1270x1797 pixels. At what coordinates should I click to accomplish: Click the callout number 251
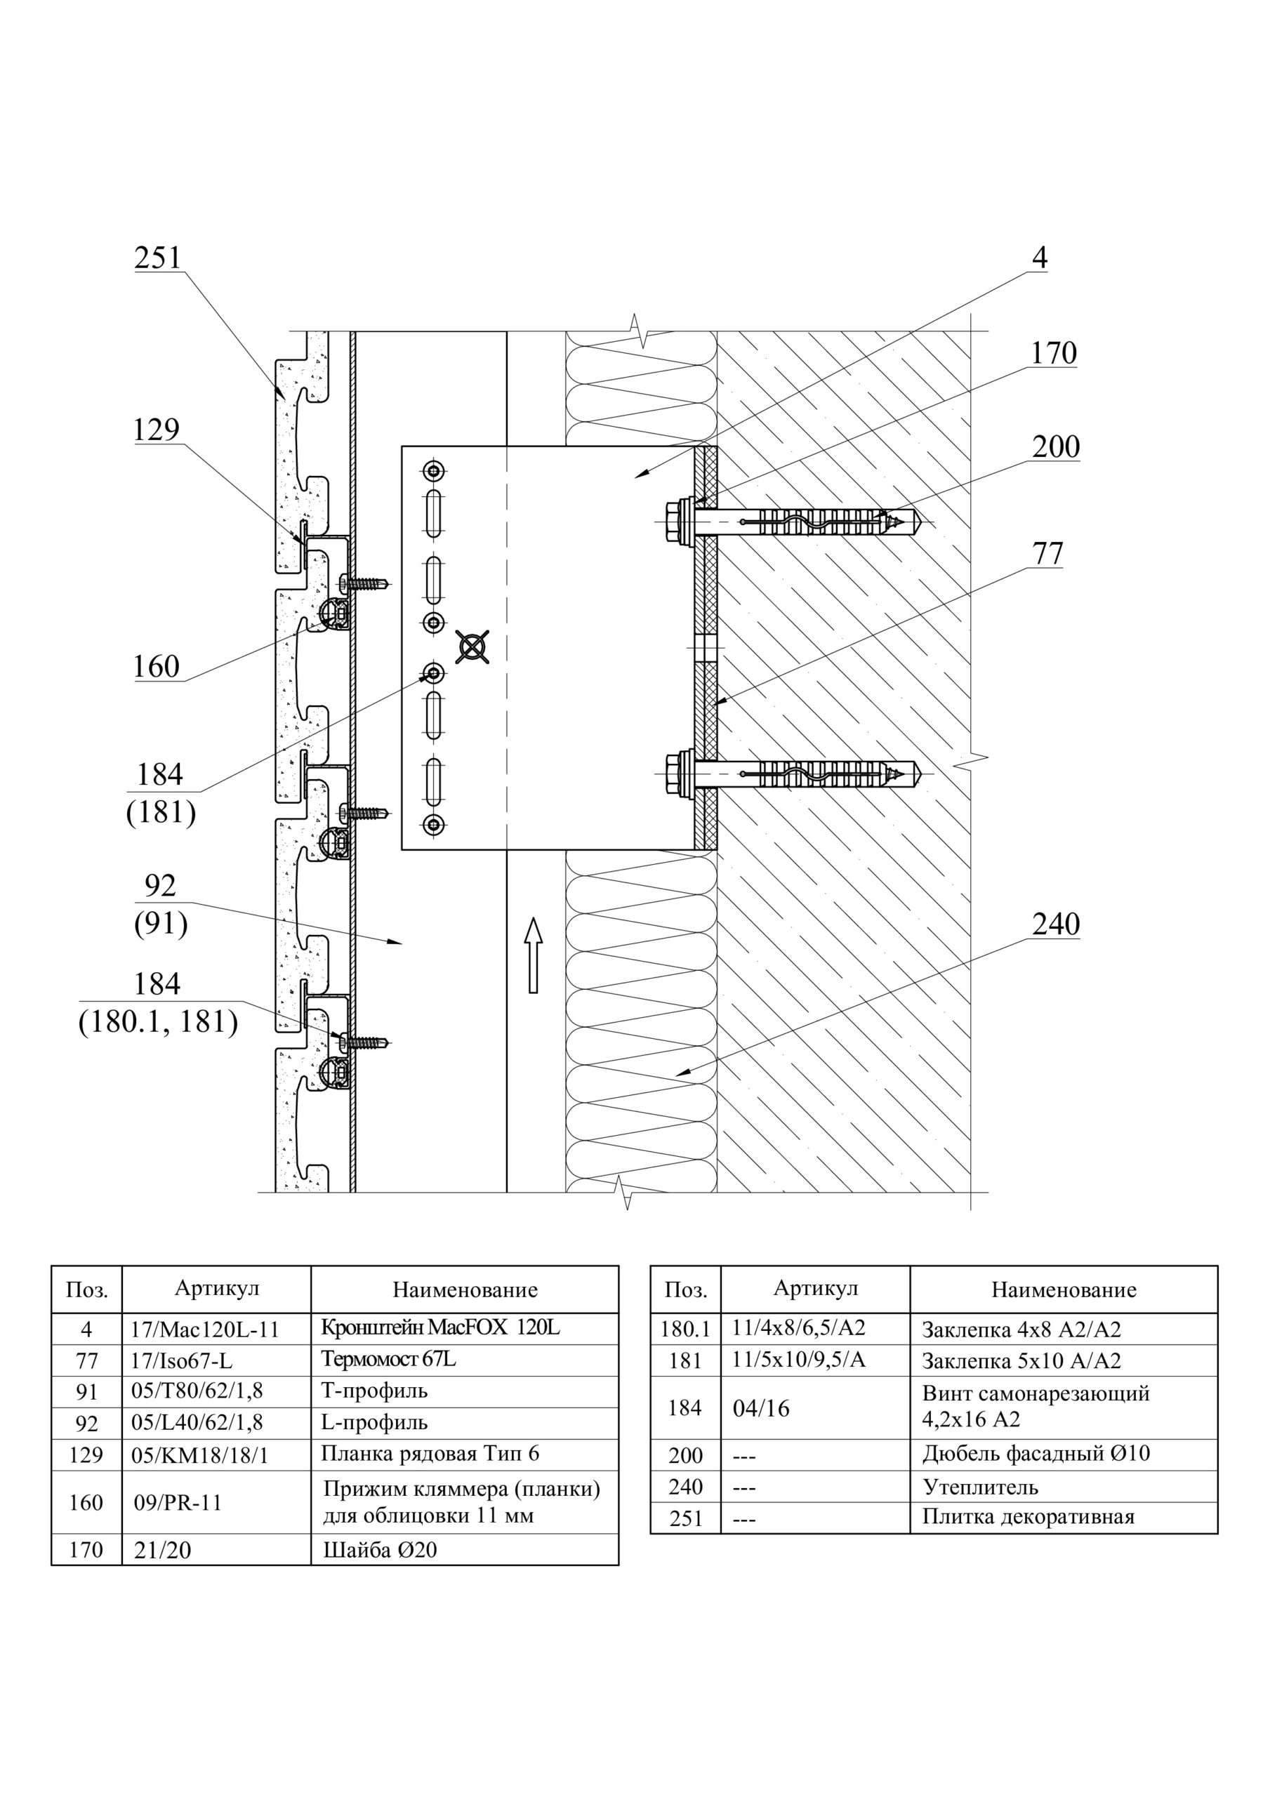click(x=157, y=258)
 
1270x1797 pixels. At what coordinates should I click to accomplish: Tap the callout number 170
click(x=1053, y=354)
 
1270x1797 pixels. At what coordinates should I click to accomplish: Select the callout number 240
click(x=1055, y=924)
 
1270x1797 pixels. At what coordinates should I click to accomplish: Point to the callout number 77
click(x=1047, y=554)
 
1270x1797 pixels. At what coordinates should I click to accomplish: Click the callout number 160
click(x=157, y=668)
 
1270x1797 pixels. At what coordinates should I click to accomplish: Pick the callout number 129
click(x=157, y=430)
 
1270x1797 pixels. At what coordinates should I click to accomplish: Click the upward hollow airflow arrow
click(x=534, y=955)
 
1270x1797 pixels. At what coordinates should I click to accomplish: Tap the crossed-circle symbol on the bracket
click(x=472, y=647)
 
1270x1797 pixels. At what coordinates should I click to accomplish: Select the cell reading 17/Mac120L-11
click(x=205, y=1329)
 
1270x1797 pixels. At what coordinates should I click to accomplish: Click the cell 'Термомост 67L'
click(x=388, y=1360)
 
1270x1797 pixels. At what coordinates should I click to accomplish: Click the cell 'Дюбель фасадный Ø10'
click(x=1035, y=1454)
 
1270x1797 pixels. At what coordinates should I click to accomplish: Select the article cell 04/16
click(x=761, y=1409)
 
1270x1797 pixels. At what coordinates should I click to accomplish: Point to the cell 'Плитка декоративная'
click(x=1027, y=1517)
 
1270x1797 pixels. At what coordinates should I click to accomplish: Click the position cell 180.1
click(x=685, y=1329)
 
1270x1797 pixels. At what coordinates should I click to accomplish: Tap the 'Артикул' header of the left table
click(x=217, y=1288)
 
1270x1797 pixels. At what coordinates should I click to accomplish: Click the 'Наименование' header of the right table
click(x=1064, y=1289)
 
